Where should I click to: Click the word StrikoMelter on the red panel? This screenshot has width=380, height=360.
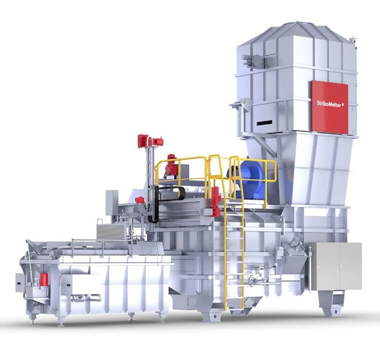328,104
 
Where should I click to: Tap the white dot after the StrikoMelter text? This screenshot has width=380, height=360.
342,105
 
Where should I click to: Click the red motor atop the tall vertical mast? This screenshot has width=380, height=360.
150,141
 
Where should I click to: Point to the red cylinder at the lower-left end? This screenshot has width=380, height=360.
43,279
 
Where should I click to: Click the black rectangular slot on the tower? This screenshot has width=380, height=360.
264,123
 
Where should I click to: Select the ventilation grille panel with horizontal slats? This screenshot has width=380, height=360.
111,232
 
